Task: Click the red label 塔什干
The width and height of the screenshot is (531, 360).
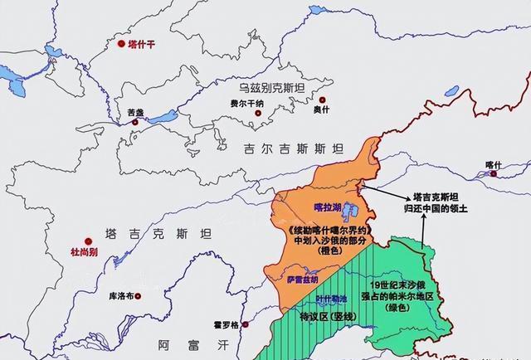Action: [x=142, y=43]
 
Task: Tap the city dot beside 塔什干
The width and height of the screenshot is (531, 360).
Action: [x=121, y=43]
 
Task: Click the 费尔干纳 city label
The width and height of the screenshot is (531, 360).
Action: [x=223, y=104]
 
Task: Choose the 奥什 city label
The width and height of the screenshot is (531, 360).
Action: [x=321, y=109]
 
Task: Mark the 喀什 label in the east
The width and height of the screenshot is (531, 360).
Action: [x=494, y=165]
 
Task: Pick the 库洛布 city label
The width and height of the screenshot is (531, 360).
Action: [x=122, y=295]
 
